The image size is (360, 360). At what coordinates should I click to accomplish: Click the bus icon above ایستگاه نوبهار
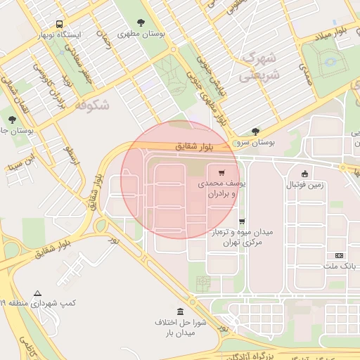pyautogui.click(x=58, y=23)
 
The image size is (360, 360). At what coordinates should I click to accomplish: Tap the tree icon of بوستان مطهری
pyautogui.click(x=142, y=22)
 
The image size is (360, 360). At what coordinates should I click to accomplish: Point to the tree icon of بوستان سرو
pyautogui.click(x=255, y=131)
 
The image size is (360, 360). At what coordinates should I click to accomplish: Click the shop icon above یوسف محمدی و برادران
pyautogui.click(x=221, y=173)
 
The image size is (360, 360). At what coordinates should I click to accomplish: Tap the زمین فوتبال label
pyautogui.click(x=304, y=186)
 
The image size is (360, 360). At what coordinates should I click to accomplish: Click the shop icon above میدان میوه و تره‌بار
pyautogui.click(x=242, y=221)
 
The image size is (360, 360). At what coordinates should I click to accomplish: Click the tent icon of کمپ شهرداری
pyautogui.click(x=37, y=292)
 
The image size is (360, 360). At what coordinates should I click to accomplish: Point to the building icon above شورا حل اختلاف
pyautogui.click(x=181, y=311)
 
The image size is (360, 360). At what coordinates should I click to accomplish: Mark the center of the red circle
pyautogui.click(x=180, y=180)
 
